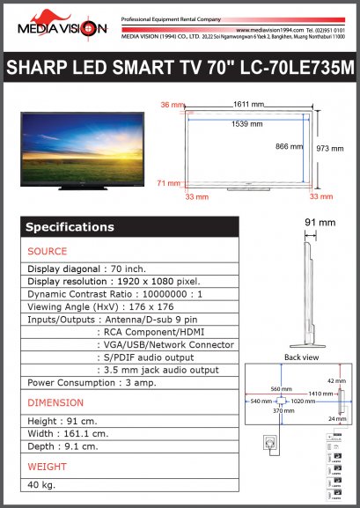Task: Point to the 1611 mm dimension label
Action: (248, 105)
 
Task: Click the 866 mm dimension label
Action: (288, 145)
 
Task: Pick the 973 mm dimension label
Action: (329, 149)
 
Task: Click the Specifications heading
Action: (70, 227)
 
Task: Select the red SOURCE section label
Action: (48, 252)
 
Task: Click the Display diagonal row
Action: (86, 269)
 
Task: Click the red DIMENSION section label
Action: (55, 402)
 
